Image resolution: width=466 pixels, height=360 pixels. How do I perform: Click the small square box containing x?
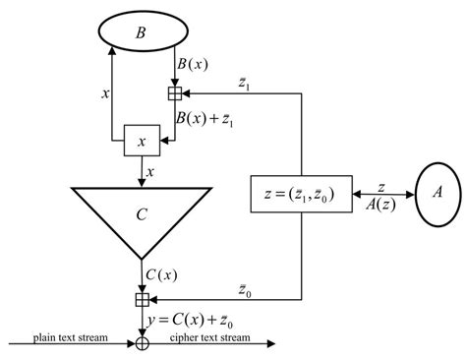point(142,142)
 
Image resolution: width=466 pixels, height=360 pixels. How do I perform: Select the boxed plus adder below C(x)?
point(143,299)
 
